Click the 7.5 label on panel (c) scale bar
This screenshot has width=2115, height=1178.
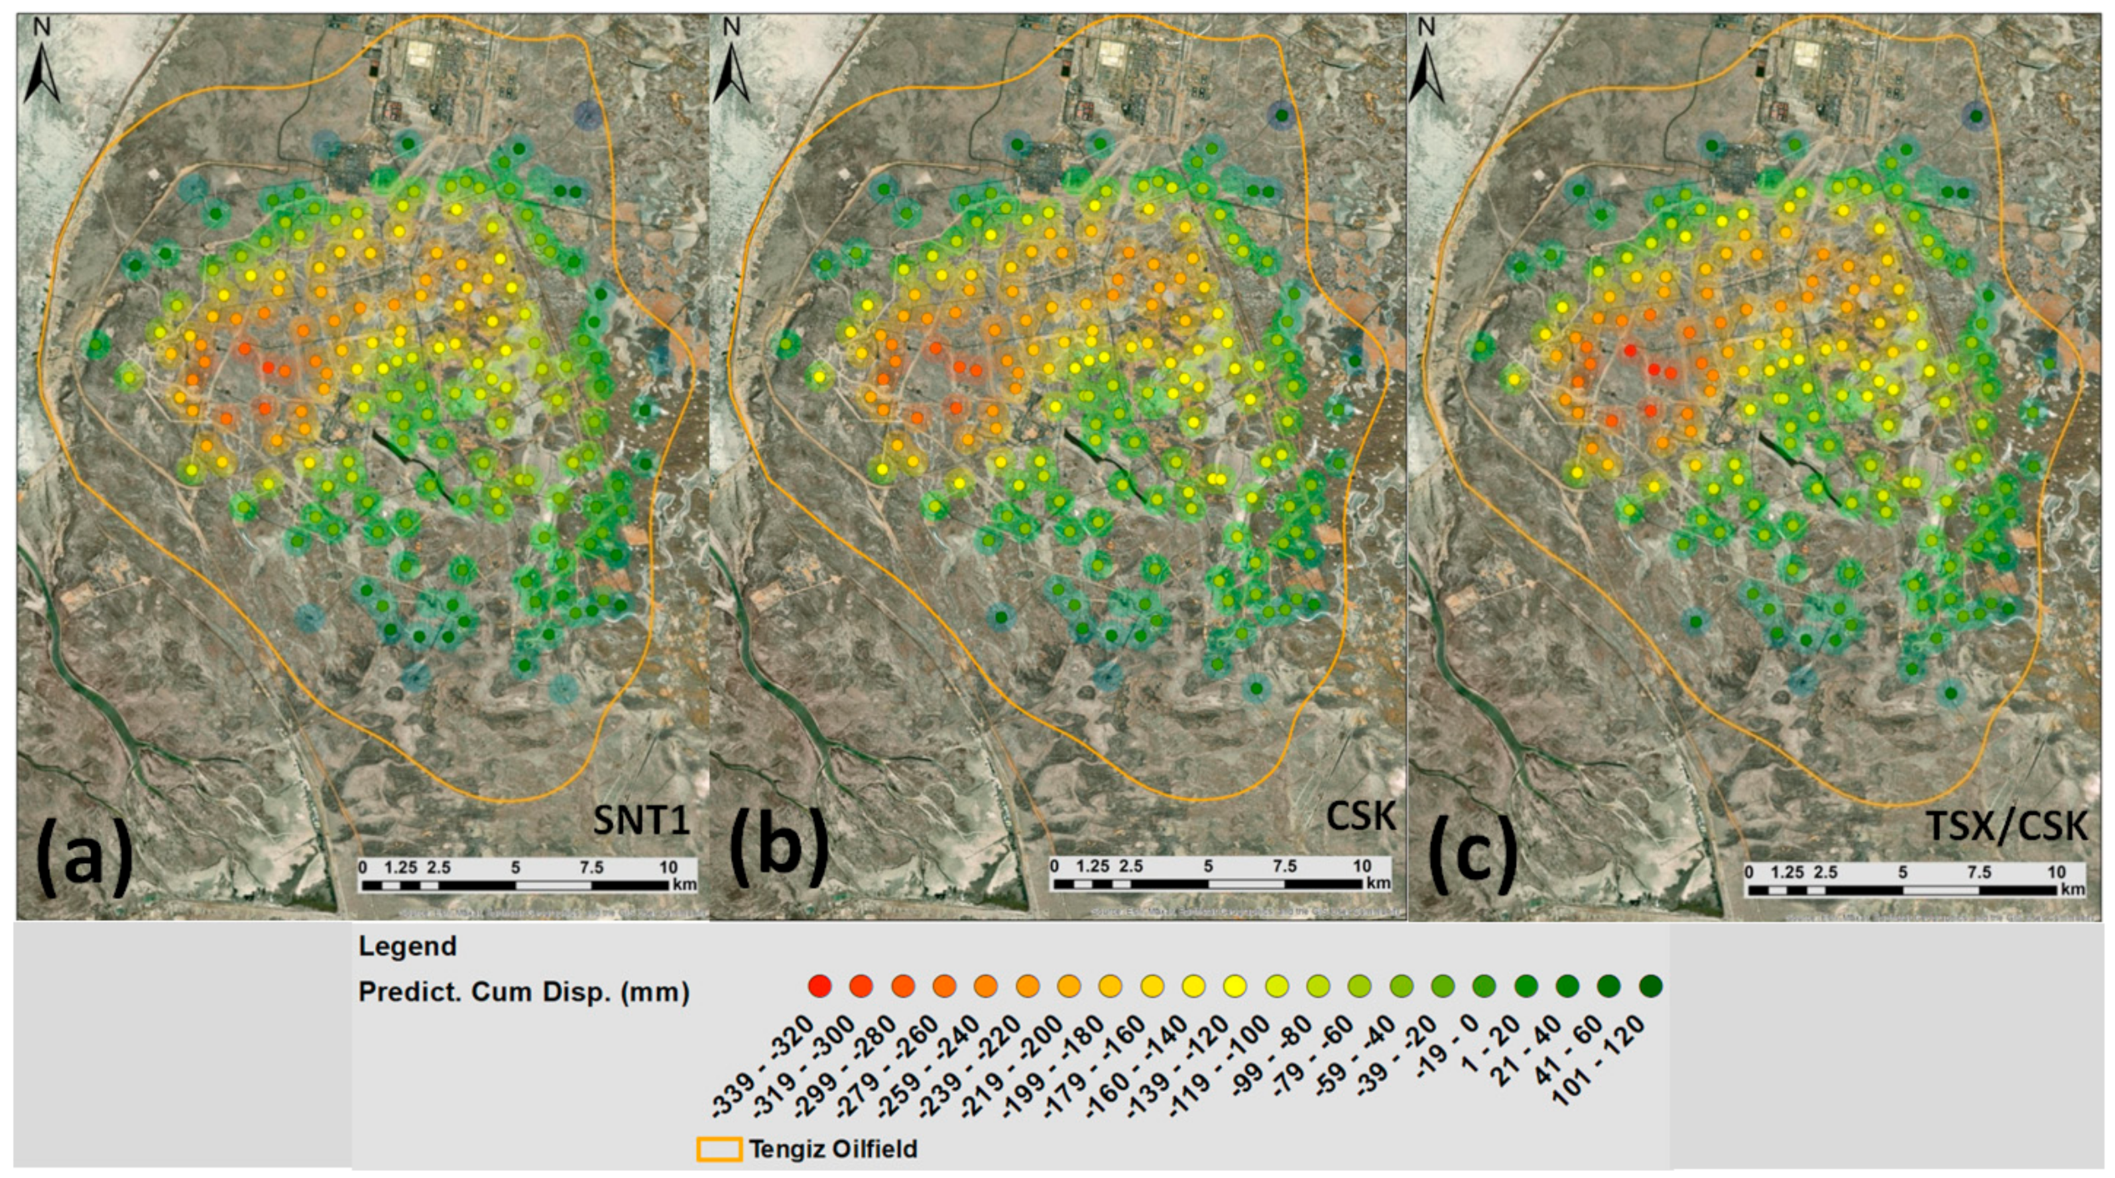pyautogui.click(x=1979, y=872)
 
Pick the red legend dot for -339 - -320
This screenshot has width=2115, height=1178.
pyautogui.click(x=819, y=985)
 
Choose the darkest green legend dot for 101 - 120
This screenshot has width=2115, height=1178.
pyautogui.click(x=1650, y=985)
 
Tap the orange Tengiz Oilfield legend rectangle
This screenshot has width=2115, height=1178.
pyautogui.click(x=719, y=1148)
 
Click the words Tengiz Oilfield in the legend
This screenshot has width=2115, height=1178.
pyautogui.click(x=833, y=1148)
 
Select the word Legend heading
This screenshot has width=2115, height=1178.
pyautogui.click(x=407, y=947)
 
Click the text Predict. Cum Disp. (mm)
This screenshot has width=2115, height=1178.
pyautogui.click(x=524, y=992)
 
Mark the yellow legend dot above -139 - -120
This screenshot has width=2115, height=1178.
pyautogui.click(x=1235, y=985)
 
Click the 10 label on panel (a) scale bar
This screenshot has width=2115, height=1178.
pyautogui.click(x=668, y=867)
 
